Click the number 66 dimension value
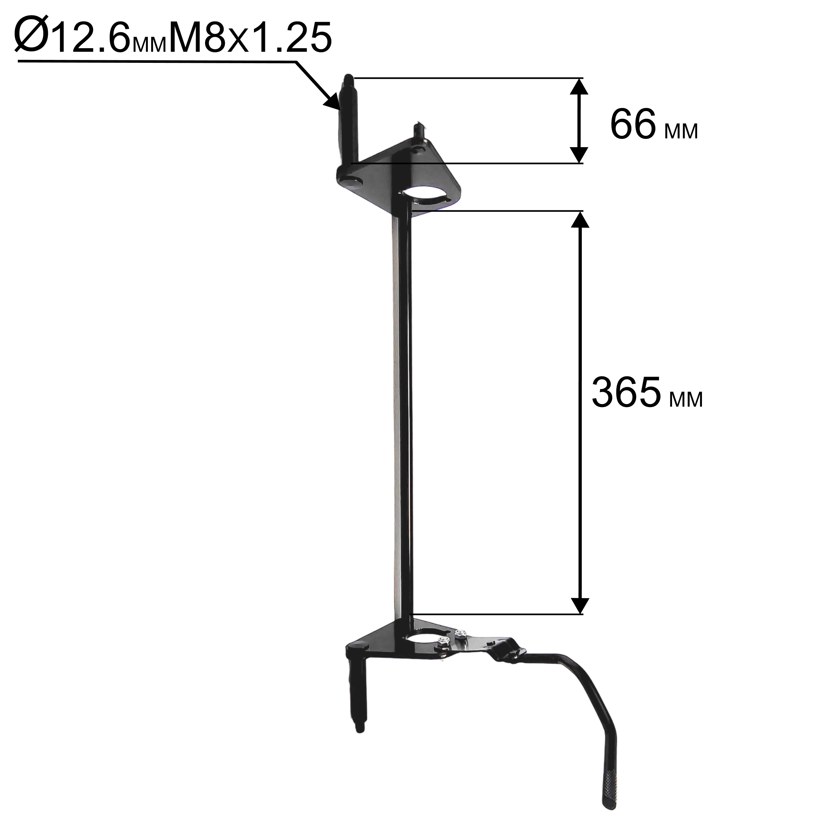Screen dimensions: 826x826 [633, 124]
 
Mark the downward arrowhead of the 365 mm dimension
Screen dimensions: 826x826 [579, 605]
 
